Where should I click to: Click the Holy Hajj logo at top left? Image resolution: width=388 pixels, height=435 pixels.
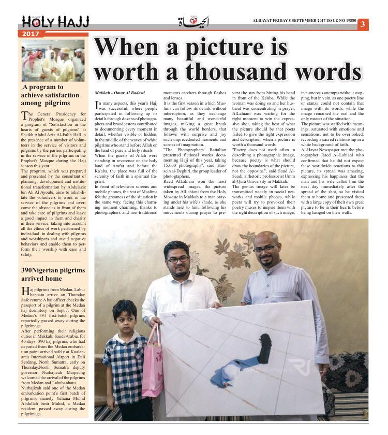click(55, 22)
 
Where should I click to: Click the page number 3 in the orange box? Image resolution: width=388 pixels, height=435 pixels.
click(363, 24)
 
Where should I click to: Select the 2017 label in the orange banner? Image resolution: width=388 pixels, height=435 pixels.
click(32, 34)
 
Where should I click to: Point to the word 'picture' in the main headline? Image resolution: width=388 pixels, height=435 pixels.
click(237, 47)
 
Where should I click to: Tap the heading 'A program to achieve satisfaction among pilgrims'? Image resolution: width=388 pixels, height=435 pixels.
click(50, 95)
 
